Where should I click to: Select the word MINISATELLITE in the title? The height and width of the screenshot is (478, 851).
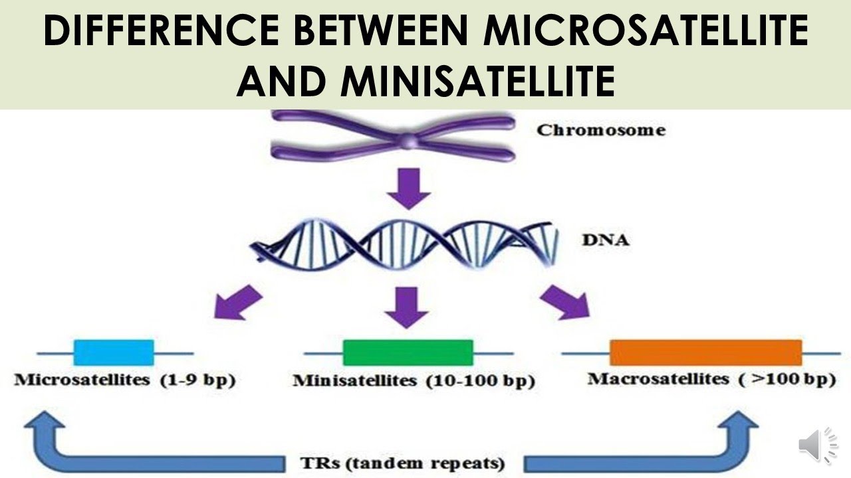tap(477, 82)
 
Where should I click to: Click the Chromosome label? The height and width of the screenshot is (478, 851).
tap(600, 130)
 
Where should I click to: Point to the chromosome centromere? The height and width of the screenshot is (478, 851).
tap(410, 140)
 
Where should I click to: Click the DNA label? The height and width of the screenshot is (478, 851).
tap(605, 240)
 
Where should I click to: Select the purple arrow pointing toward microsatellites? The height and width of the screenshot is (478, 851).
tap(237, 301)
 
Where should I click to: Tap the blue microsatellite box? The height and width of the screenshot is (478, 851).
tap(114, 353)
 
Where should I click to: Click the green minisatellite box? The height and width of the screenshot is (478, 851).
tap(408, 353)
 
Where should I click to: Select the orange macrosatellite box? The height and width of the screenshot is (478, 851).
tap(705, 353)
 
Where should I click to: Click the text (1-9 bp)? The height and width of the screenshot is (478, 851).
tap(197, 382)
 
